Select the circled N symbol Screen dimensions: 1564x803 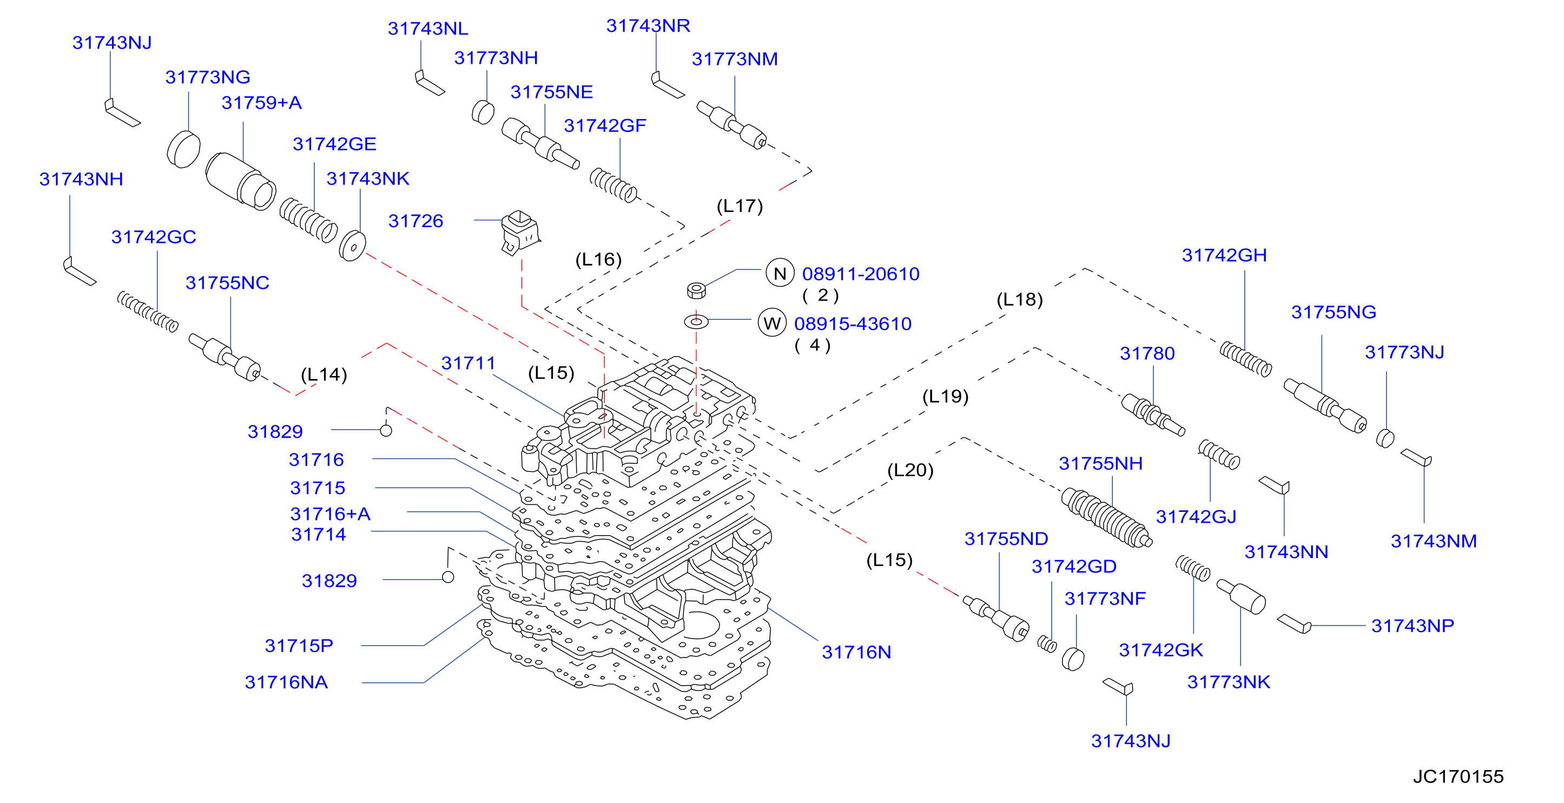tap(780, 273)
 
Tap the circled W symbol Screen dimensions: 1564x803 tap(771, 322)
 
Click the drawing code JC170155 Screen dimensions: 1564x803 tap(1458, 776)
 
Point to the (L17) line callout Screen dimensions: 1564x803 tap(740, 206)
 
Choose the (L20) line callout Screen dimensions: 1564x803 tap(910, 470)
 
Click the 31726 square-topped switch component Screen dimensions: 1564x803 tap(520, 232)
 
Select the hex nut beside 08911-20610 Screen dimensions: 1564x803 tap(696, 291)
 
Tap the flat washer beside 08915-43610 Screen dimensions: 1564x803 tap(696, 321)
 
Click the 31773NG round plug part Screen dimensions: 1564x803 tap(183, 149)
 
